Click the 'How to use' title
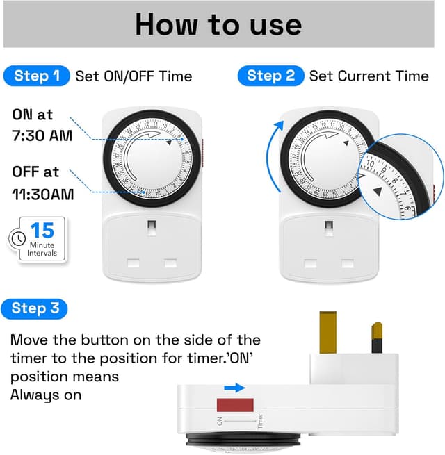click(218, 24)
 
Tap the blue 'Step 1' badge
click(37, 76)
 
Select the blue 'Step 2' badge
click(271, 76)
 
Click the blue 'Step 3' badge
click(35, 308)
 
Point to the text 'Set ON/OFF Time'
click(134, 76)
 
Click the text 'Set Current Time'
click(369, 76)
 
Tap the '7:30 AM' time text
click(42, 135)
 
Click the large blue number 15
click(42, 231)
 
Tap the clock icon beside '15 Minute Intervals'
click(15, 238)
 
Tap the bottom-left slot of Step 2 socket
click(312, 264)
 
